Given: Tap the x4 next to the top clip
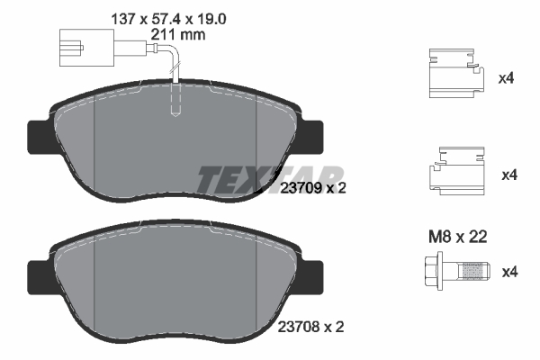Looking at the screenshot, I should click(x=506, y=78).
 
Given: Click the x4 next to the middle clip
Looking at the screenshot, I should click(x=506, y=174).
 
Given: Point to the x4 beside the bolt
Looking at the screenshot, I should click(x=506, y=270).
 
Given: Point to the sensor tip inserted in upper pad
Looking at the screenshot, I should click(x=177, y=104).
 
